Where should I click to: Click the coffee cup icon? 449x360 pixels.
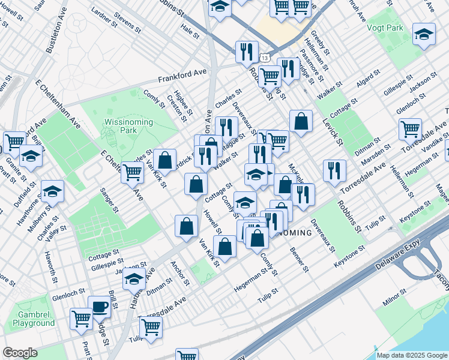[100, 307]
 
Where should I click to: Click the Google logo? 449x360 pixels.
[20, 353]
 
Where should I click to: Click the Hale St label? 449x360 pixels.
[189, 28]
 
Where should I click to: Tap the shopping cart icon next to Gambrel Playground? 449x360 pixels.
[80, 319]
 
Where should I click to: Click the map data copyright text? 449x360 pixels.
[411, 355]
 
